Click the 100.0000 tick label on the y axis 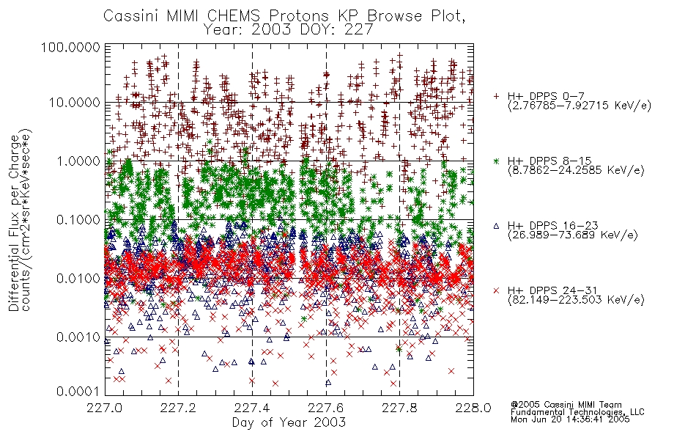point(71,47)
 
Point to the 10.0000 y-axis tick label point(75,103)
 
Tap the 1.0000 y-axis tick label point(78,161)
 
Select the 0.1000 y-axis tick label point(78,220)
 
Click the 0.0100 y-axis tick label point(78,279)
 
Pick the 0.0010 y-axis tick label point(78,337)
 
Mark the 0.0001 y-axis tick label point(78,392)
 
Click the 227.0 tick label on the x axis point(105,408)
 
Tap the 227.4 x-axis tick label point(252,408)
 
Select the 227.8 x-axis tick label point(399,408)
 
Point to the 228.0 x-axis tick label point(473,408)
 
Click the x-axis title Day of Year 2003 point(289,422)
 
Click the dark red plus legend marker point(496,96)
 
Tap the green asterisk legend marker point(496,161)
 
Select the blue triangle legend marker point(496,226)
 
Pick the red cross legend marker point(496,290)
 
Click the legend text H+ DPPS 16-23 point(553,226)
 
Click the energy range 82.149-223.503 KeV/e point(576,300)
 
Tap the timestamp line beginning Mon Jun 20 point(570,419)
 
